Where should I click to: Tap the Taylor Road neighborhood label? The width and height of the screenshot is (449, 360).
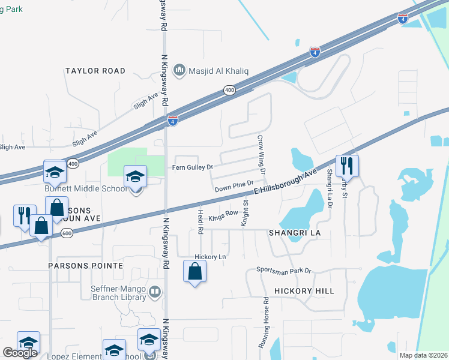95,71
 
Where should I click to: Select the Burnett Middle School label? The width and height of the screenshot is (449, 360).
86,188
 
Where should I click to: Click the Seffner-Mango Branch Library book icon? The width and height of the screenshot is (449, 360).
155,292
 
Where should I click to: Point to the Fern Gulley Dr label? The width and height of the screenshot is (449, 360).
193,167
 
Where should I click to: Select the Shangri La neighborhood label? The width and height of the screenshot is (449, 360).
292,232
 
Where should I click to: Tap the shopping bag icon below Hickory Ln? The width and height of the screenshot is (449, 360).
195,272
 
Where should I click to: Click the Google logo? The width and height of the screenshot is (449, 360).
20,353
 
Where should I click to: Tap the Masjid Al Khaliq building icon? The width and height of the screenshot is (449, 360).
179,71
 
